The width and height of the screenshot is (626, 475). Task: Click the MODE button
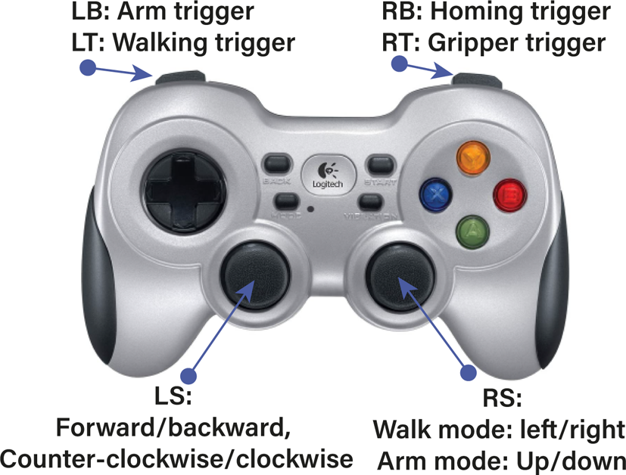click(285, 201)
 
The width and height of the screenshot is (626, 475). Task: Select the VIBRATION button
click(372, 201)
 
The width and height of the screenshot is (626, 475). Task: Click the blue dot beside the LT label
click(89, 67)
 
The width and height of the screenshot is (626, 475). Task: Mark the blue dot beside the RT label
click(399, 64)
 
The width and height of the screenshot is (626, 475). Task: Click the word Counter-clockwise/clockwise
click(177, 458)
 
